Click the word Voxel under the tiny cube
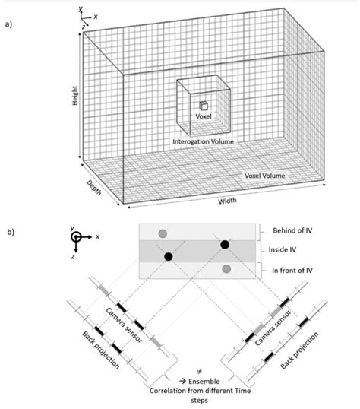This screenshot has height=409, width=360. point(202,116)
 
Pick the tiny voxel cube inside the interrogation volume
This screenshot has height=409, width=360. point(203,106)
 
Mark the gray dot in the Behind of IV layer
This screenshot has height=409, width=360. point(161,233)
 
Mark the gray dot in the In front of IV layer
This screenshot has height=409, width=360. point(226,269)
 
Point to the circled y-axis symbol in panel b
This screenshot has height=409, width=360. point(76,236)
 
